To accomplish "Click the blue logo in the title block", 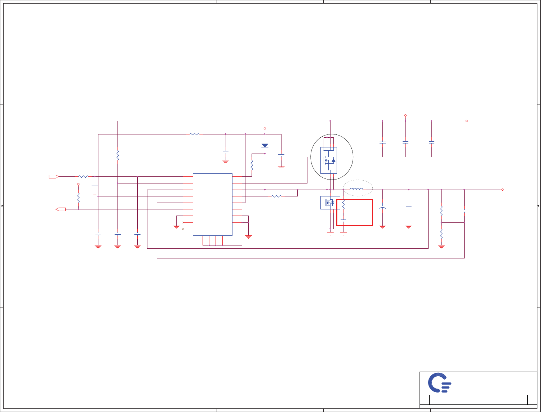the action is pos(439,382).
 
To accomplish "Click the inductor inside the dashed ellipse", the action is pos(356,189).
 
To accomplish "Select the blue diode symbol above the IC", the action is pos(265,146).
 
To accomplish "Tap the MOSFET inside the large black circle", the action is pos(329,160).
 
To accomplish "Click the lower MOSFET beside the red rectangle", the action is pos(330,203).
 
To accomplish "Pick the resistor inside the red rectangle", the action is pos(343,205).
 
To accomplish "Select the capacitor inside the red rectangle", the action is pos(343,220).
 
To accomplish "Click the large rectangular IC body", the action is pos(212,204).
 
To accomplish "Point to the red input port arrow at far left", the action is pos(54,176).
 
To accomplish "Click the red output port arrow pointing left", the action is pos(61,209).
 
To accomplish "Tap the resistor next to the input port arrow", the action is pos(83,176).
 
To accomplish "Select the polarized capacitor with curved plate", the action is pos(382,208).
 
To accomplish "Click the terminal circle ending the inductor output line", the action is pos(502,190).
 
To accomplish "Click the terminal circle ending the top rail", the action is pos(466,121).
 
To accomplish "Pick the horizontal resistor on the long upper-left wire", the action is pos(195,134).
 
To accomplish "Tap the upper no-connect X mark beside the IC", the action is pos(183,222).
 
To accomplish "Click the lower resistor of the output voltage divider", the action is pos(441,234).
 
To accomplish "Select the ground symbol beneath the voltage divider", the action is pos(441,247).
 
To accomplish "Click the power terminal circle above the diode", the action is pos(265,128).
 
